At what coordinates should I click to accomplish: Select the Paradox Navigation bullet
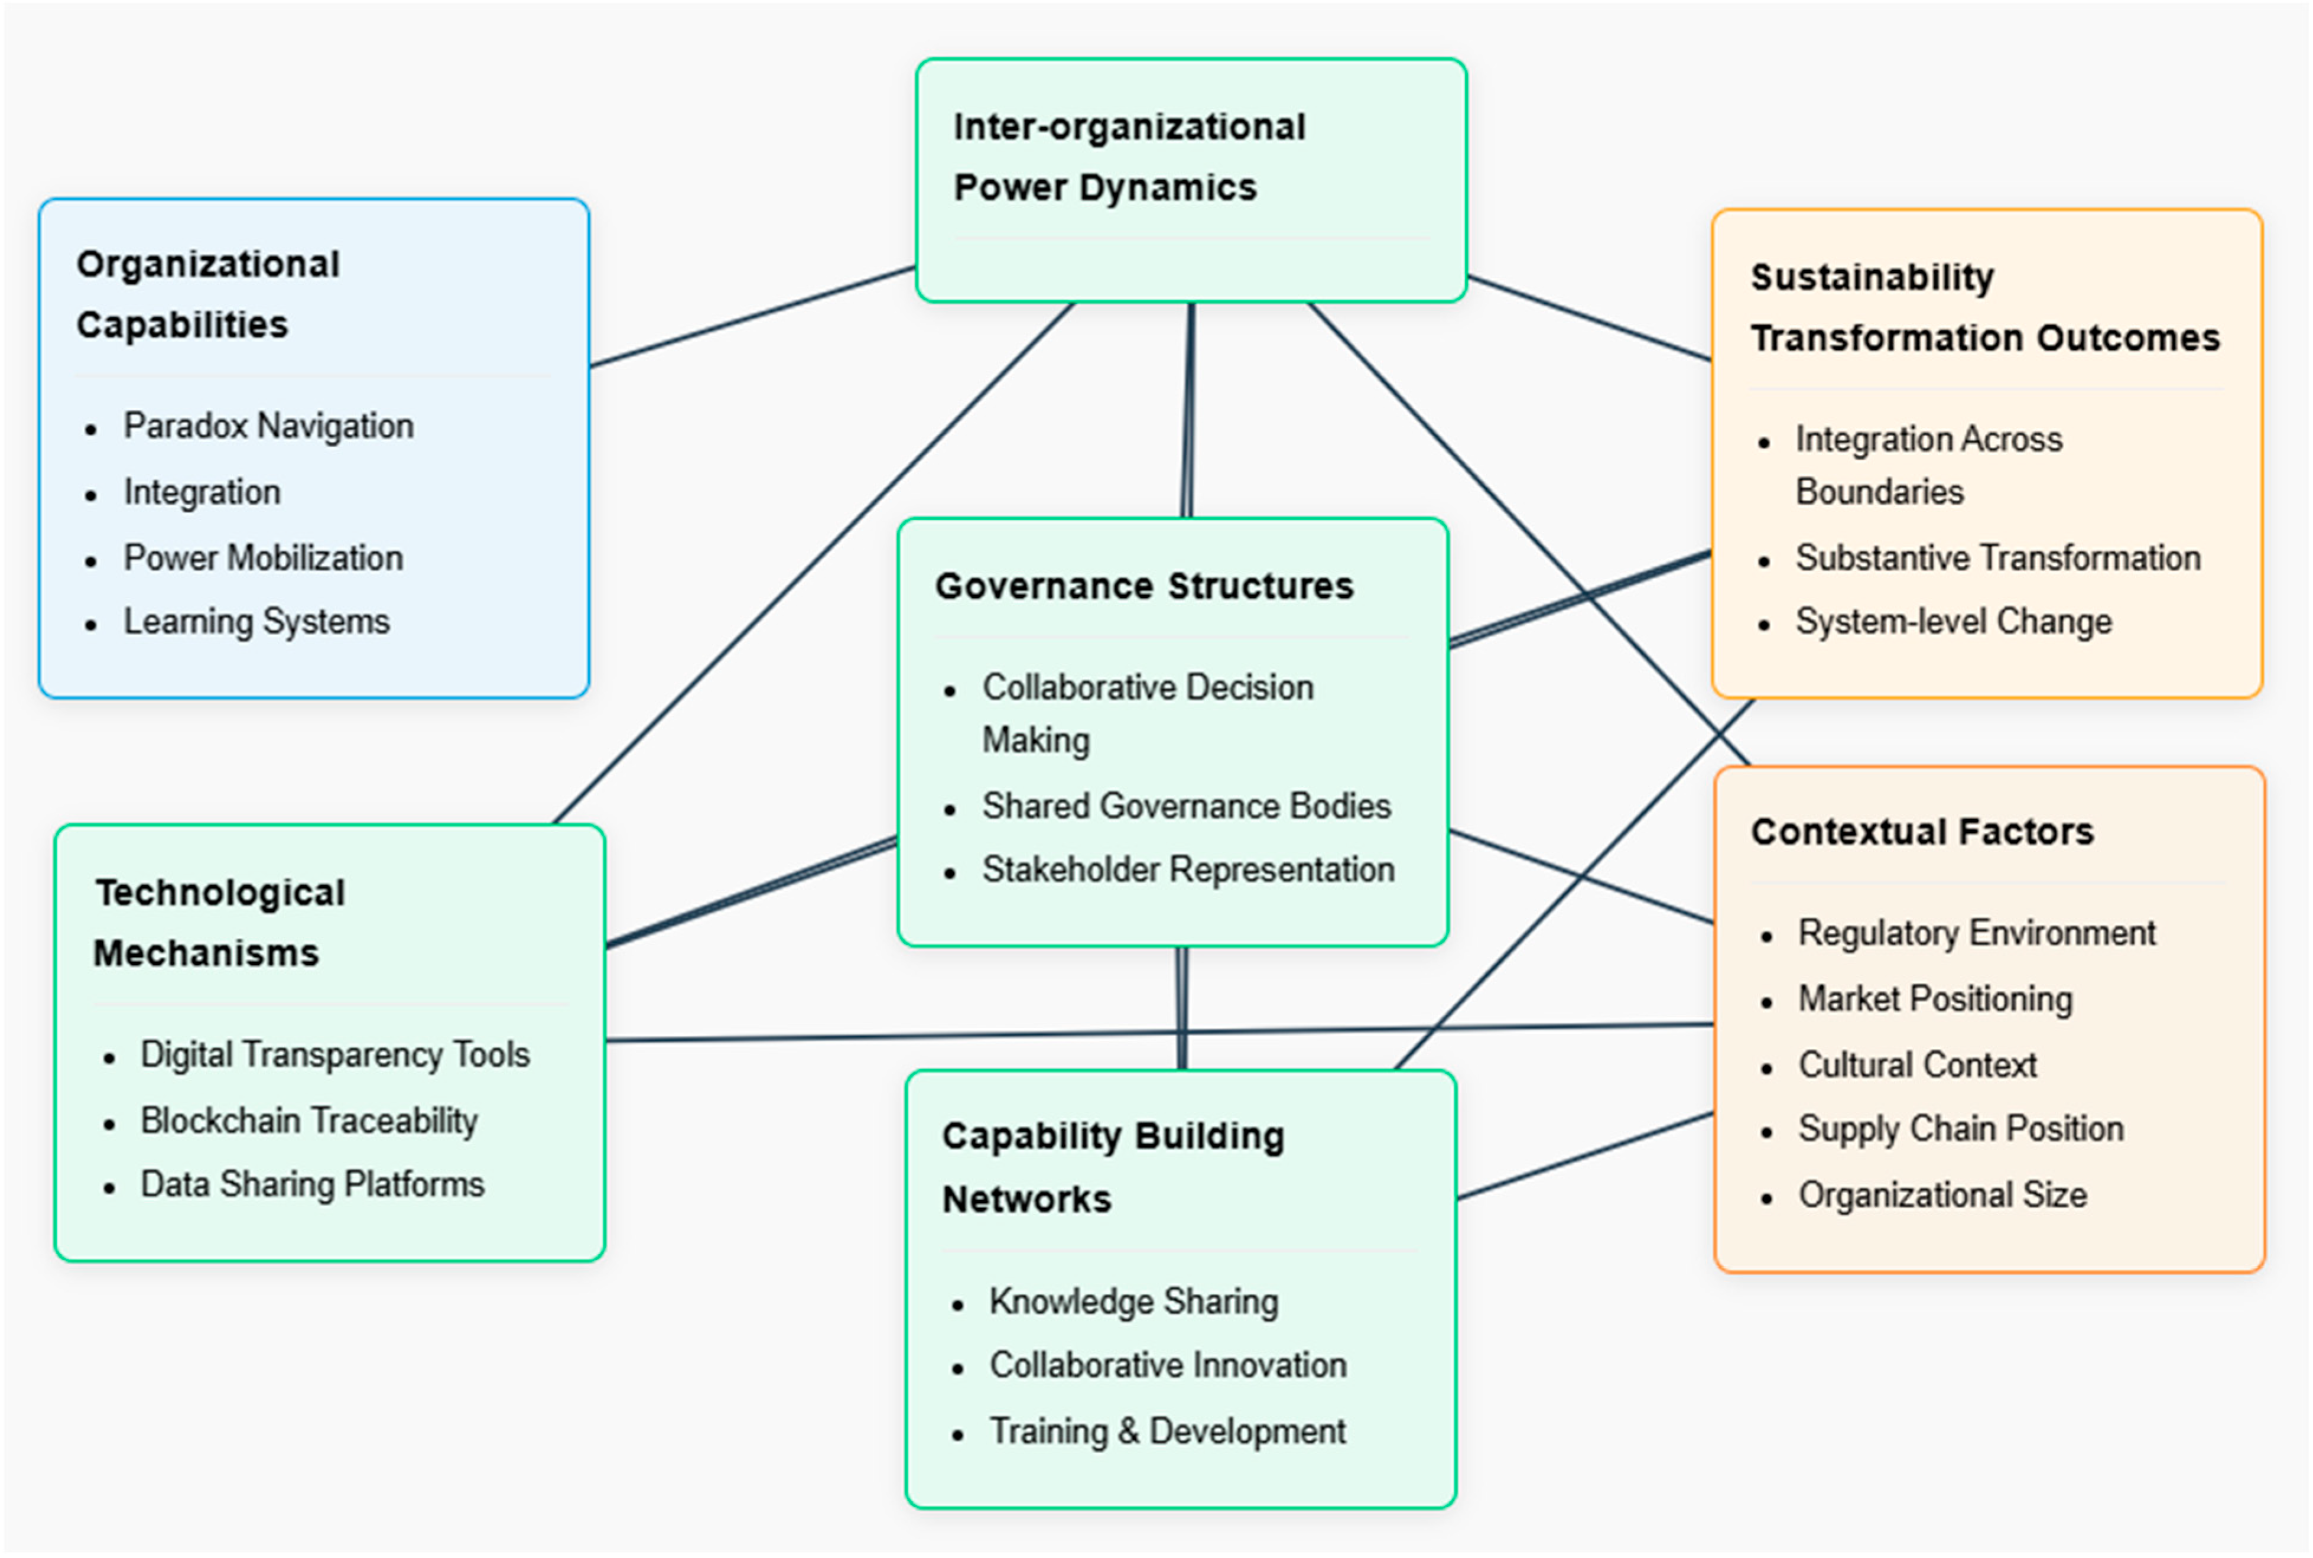point(268,426)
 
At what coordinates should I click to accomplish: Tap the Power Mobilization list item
point(264,559)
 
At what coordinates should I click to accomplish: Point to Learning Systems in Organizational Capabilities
point(256,622)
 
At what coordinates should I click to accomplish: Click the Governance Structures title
point(1143,586)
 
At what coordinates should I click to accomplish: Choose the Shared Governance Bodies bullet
point(1186,806)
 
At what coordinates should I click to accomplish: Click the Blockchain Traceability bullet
point(309,1121)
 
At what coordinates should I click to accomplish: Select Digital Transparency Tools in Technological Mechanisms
point(335,1055)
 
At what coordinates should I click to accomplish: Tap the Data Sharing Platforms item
point(312,1184)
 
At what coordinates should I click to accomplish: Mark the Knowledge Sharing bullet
point(1133,1301)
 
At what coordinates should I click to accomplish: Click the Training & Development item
point(1167,1432)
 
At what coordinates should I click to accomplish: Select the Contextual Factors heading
point(1922,832)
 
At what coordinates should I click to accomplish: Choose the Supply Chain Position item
point(1960,1129)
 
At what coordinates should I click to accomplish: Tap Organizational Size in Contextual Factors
point(1942,1195)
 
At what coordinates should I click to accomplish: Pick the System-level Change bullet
point(1953,622)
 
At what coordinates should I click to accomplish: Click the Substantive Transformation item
point(1998,559)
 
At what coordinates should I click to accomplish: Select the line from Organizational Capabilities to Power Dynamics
point(752,316)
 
